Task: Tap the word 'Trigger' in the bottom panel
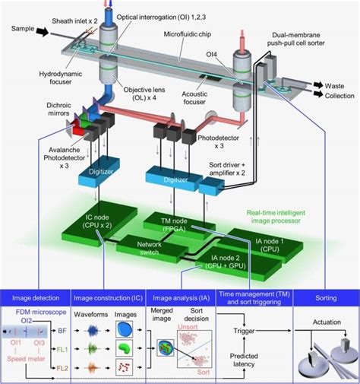tap(243, 331)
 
